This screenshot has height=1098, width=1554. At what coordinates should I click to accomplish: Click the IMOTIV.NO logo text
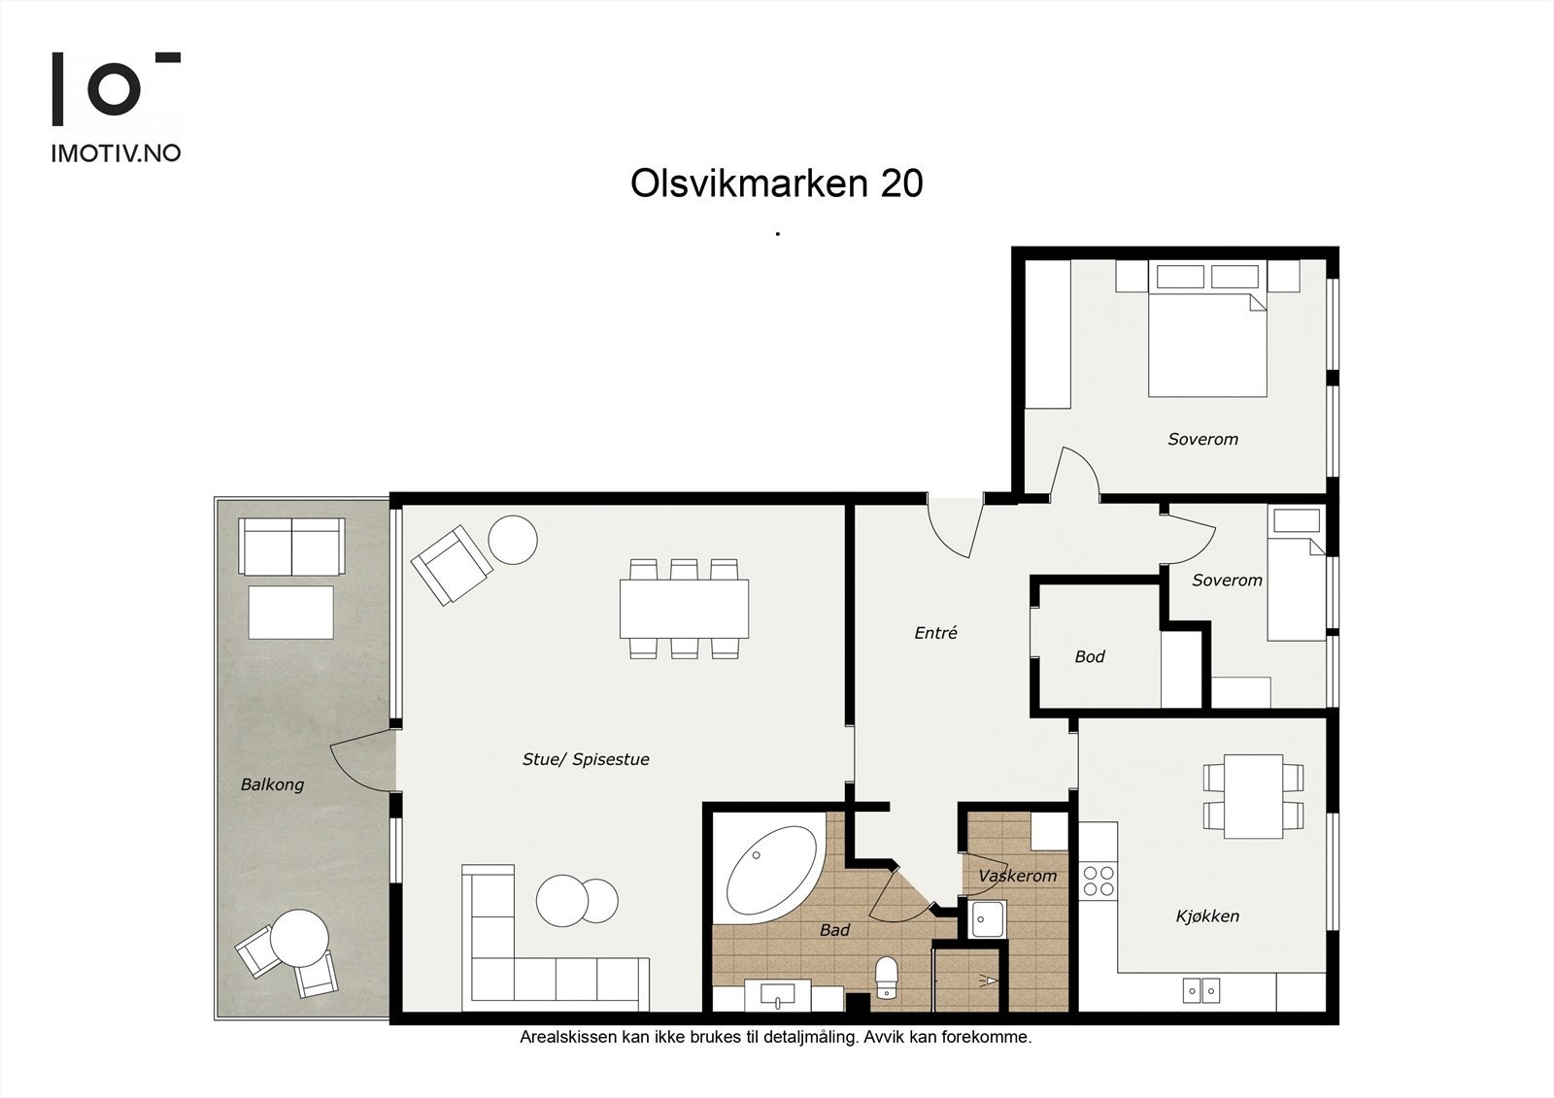click(116, 152)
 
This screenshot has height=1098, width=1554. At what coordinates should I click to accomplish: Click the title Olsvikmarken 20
click(776, 183)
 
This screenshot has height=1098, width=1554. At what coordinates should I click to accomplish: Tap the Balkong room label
click(272, 784)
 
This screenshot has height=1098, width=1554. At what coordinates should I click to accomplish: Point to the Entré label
click(935, 633)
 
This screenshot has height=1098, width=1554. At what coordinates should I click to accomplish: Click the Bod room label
click(1089, 657)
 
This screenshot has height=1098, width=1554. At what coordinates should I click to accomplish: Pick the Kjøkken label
click(1207, 915)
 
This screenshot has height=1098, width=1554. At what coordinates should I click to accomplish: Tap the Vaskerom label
click(1017, 876)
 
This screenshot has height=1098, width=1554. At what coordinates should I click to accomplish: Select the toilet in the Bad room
click(886, 976)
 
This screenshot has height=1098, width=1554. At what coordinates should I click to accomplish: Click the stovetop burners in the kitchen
click(1098, 881)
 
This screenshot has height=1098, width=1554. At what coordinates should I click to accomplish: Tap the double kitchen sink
click(1201, 989)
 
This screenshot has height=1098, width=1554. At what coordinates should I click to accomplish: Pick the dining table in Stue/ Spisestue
click(684, 609)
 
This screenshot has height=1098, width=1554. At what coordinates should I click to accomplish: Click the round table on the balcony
click(298, 938)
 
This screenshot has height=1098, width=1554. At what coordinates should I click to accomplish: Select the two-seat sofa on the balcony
click(291, 546)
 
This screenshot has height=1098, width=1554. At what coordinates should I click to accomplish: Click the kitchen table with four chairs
click(1253, 796)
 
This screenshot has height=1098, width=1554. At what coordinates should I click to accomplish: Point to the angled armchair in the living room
click(449, 563)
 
